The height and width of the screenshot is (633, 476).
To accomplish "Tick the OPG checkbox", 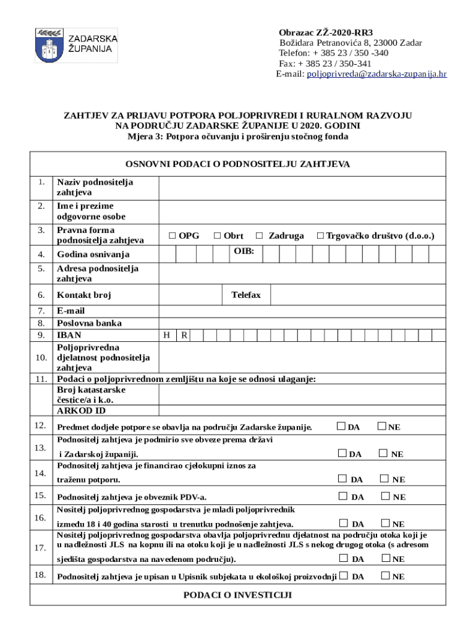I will coord(172,236).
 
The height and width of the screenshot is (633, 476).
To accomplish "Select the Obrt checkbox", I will coord(218,236).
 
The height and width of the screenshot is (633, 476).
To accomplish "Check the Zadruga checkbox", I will coord(260,236).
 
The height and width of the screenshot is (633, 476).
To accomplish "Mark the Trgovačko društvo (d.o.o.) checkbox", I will coord(320,236).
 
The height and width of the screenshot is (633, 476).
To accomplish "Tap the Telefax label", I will coord(246,295).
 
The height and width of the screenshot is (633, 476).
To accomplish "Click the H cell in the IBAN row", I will coord(167,335).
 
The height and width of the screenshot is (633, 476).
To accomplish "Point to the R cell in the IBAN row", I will coord(184,335).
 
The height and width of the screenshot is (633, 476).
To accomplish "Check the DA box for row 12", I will coord(341,426).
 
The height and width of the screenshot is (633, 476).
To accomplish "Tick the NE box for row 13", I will coord(383,453).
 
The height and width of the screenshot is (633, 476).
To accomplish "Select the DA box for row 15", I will coord(342,496).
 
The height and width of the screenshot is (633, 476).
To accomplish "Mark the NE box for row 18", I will coord(386,576).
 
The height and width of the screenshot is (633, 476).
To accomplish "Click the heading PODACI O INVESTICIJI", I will coord(237,595).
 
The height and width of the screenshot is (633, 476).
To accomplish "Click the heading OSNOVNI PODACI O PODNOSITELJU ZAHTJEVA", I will coord(237,164).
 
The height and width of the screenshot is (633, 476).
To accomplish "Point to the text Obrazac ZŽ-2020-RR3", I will coord(326,32).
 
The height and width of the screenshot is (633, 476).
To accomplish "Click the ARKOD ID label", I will coord(81,410).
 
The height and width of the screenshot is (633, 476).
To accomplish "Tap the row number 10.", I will coord(41,357).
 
